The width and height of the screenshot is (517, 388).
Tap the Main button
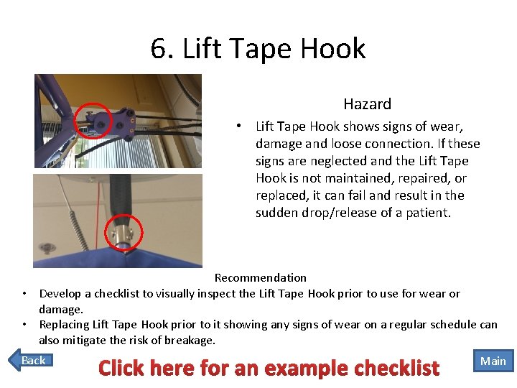click(493, 361)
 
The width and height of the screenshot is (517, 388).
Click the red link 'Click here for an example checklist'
click(269, 369)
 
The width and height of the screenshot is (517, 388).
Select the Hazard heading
click(367, 104)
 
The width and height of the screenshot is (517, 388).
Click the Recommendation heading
click(260, 277)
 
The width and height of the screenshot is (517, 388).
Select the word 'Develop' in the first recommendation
click(60, 293)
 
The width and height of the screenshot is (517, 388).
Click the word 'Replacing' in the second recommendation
click(63, 325)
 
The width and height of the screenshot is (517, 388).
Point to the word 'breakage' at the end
click(190, 341)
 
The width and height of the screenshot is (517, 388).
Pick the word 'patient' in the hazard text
click(429, 213)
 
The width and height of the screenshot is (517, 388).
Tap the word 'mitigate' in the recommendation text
click(88, 341)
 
